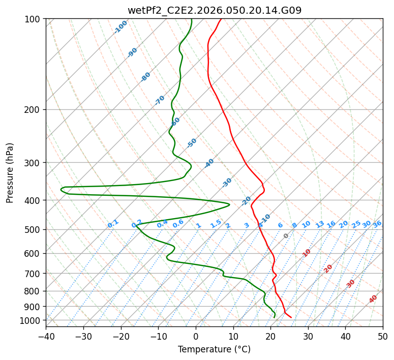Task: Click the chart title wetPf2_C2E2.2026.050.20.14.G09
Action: coord(214,10)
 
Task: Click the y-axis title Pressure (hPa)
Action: coord(10,172)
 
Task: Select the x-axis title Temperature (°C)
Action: coord(214,349)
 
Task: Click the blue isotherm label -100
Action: coord(121,27)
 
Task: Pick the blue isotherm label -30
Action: coord(227,183)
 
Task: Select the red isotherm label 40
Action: coord(373,299)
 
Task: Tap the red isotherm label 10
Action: coord(307,253)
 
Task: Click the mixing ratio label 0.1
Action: coord(113,223)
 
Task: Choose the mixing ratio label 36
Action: coord(377,224)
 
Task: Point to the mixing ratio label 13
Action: coord(320,224)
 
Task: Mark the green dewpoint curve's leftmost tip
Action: coord(61,190)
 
